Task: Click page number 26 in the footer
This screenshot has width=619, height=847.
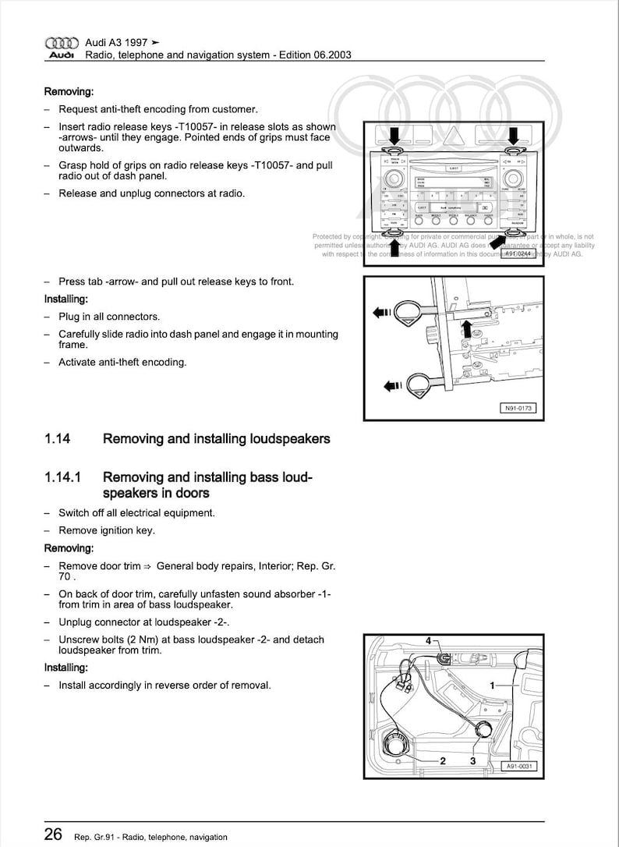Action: point(53,835)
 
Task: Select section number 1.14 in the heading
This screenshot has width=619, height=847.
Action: point(58,439)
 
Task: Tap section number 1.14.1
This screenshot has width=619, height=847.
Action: point(65,477)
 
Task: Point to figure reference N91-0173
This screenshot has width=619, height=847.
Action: point(517,408)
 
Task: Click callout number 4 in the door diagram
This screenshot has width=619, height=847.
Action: point(428,641)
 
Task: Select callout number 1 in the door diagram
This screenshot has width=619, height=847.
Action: point(492,685)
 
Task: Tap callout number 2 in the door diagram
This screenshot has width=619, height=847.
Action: point(442,760)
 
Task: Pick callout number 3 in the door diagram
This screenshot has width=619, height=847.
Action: point(472,760)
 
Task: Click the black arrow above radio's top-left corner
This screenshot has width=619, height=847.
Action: point(394,134)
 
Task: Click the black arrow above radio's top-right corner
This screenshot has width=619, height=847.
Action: point(514,134)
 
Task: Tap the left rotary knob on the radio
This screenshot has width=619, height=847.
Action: point(394,180)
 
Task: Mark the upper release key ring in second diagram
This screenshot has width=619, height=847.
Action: point(409,313)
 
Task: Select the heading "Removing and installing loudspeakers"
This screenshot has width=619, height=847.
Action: point(216,439)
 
